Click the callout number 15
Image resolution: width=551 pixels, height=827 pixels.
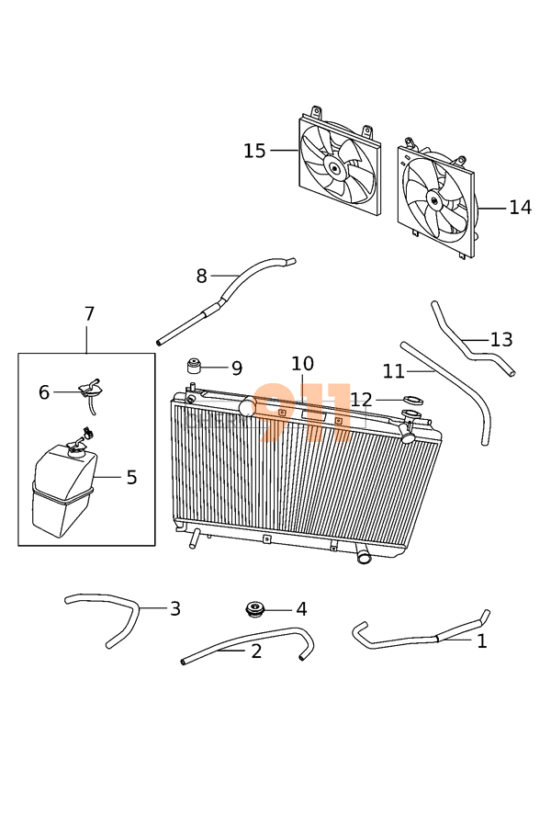[x=254, y=151]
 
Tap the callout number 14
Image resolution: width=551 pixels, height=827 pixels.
[x=520, y=208]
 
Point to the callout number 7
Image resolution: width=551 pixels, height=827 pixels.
[x=89, y=314]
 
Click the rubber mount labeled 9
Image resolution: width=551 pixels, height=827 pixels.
[x=195, y=368]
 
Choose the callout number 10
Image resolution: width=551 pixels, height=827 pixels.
[x=302, y=365]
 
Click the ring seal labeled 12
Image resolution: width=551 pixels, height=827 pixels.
[x=412, y=401]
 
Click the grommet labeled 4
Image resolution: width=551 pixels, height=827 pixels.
[x=254, y=609]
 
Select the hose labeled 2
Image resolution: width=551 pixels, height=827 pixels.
[x=248, y=642]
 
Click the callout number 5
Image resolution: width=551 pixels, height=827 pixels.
[x=131, y=478]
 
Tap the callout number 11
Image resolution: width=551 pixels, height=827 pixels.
[x=393, y=371]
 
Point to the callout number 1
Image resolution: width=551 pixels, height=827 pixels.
[x=482, y=641]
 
